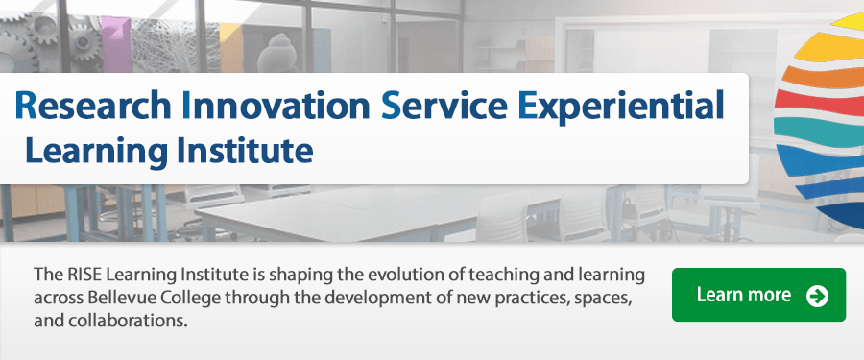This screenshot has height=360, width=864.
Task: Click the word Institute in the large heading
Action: (x=245, y=151)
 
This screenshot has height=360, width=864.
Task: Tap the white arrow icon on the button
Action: (x=817, y=295)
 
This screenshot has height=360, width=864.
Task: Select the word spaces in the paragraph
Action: (x=601, y=298)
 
